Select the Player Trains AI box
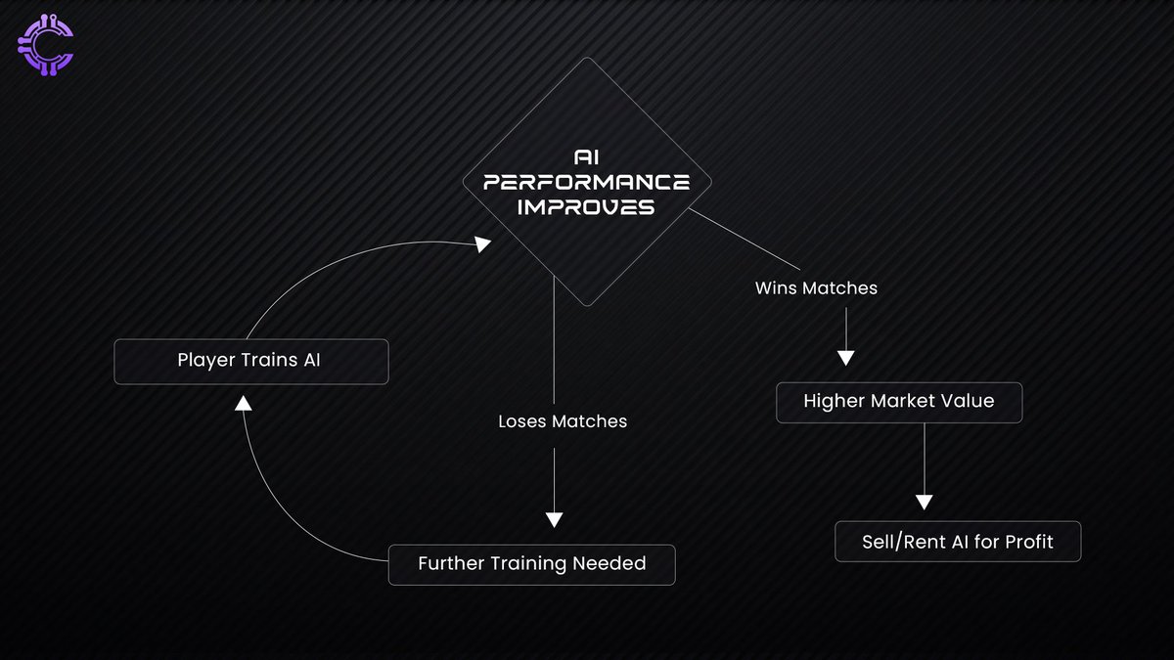(x=250, y=361)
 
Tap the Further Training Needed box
(x=531, y=564)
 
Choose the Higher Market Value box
(x=898, y=402)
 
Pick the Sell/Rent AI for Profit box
(x=957, y=541)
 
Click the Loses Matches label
(x=562, y=422)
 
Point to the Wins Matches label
(x=816, y=288)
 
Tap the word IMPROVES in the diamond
(x=585, y=207)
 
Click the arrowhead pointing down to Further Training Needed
(x=555, y=520)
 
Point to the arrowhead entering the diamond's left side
(x=482, y=245)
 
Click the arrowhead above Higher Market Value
(x=845, y=357)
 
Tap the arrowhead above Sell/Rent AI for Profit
(x=924, y=502)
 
